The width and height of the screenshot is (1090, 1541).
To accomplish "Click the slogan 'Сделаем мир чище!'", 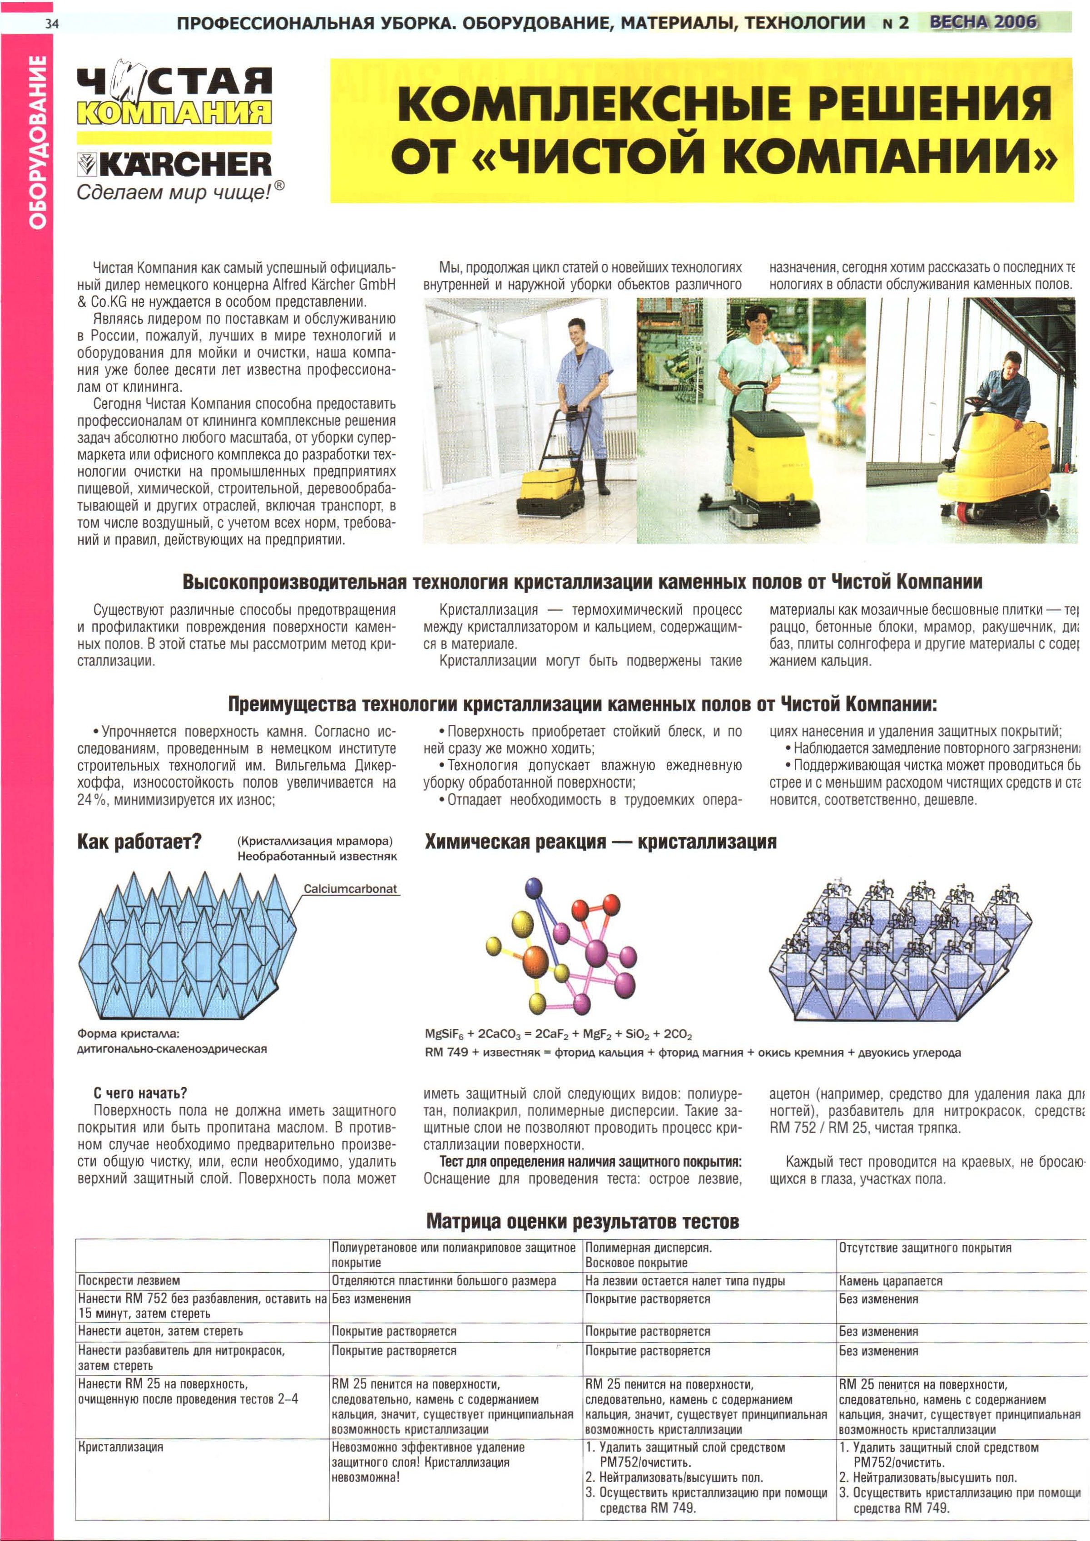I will point(180,192).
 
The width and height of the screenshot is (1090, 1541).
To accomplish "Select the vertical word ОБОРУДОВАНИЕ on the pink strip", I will point(38,142).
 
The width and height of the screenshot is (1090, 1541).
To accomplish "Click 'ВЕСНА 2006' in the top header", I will point(983,22).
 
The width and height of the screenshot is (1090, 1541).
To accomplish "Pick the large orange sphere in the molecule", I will point(536,961).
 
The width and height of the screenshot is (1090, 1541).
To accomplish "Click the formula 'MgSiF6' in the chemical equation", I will point(449,1034).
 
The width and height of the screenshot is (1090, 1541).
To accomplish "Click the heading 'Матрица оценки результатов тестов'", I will point(582,1221).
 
